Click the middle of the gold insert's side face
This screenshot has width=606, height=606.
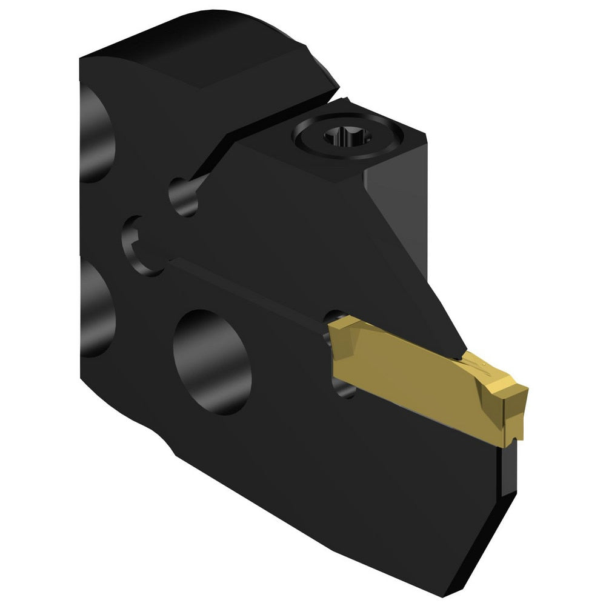tap(412, 376)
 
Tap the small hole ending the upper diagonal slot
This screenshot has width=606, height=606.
tap(184, 196)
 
